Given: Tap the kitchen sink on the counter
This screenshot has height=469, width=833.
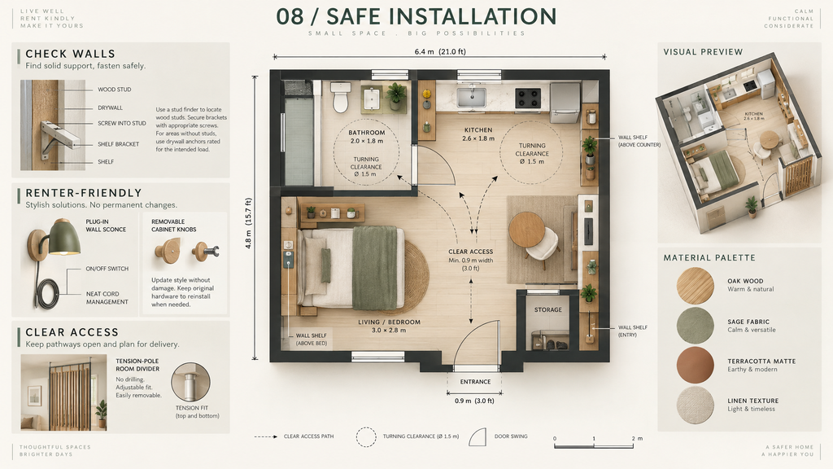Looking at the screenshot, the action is [471, 97].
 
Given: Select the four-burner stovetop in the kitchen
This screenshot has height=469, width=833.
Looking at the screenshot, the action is [528, 98].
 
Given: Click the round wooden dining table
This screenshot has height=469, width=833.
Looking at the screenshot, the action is [526, 230].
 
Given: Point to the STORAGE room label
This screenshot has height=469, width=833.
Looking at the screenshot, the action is [547, 309].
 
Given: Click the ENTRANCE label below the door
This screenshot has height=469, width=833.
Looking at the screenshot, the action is [475, 382].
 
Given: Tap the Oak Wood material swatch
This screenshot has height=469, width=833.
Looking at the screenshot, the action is [695, 286].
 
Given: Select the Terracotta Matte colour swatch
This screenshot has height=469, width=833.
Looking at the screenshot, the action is [695, 365].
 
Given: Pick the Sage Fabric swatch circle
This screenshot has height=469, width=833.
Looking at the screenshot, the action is [695, 325].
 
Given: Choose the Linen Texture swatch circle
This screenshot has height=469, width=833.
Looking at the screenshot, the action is [695, 405].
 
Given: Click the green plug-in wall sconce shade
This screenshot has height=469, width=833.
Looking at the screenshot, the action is [64, 238].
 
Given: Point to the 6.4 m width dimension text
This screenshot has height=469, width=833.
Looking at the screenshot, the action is [440, 51].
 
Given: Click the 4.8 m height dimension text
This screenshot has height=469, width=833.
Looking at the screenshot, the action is [248, 223].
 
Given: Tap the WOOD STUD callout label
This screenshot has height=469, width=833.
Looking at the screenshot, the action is [114, 90].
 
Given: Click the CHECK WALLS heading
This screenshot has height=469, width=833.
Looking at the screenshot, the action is [70, 54].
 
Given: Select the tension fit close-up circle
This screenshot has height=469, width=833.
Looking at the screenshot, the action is [190, 382].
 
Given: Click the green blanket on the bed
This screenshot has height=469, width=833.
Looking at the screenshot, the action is [374, 267].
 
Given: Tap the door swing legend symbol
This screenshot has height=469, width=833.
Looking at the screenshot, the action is [478, 436].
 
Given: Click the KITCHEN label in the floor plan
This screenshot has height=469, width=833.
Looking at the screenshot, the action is [478, 129].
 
